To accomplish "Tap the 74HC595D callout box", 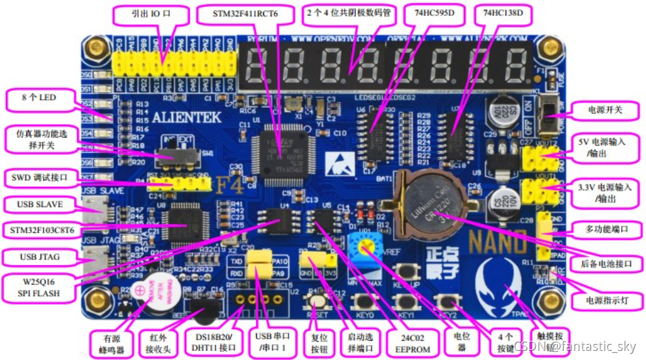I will [434, 13].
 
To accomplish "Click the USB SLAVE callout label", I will [40, 205].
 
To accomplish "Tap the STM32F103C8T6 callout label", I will [40, 229].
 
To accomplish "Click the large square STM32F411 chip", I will [281, 152].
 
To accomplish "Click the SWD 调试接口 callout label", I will [40, 177].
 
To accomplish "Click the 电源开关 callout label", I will [604, 110].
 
